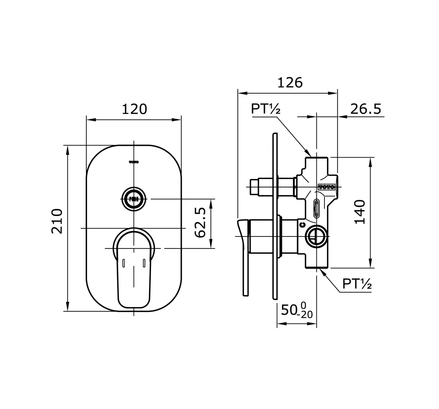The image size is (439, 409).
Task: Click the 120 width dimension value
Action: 134,109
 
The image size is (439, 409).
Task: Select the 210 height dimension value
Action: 57,221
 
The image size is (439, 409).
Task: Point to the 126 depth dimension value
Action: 290,83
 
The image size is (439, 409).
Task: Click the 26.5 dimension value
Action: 366,109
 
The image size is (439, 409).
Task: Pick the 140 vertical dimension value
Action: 360,212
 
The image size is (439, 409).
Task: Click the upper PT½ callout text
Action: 265,109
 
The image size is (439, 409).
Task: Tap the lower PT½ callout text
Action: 357,284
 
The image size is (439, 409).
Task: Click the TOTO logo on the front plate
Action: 134,162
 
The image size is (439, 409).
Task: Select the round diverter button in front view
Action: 134,199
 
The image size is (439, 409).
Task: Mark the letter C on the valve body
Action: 302,225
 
